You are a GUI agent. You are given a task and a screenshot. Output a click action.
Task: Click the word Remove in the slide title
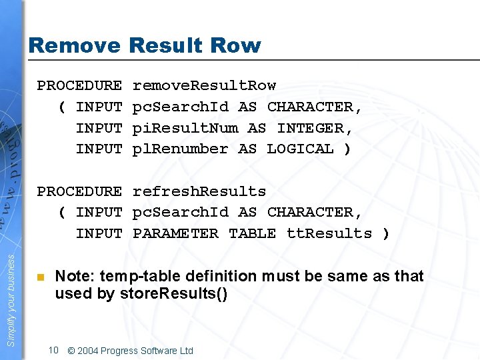(75, 46)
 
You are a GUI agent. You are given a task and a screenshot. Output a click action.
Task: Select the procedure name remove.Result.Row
(204, 85)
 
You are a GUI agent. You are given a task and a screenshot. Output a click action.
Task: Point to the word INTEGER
(315, 127)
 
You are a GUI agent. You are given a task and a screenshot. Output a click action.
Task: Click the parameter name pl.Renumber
(180, 149)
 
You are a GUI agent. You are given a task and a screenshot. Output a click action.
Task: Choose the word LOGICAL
(300, 149)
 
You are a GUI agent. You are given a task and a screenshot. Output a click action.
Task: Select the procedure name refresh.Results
(199, 191)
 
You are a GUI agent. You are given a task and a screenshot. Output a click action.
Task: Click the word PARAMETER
(175, 233)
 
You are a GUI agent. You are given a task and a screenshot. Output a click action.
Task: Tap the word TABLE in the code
(252, 233)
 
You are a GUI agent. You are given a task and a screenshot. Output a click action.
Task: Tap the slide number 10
(54, 350)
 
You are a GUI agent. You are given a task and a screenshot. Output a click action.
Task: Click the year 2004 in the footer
(88, 351)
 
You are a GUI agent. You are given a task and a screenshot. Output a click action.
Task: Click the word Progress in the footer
(120, 351)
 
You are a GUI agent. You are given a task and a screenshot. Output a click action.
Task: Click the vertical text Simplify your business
(11, 293)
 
